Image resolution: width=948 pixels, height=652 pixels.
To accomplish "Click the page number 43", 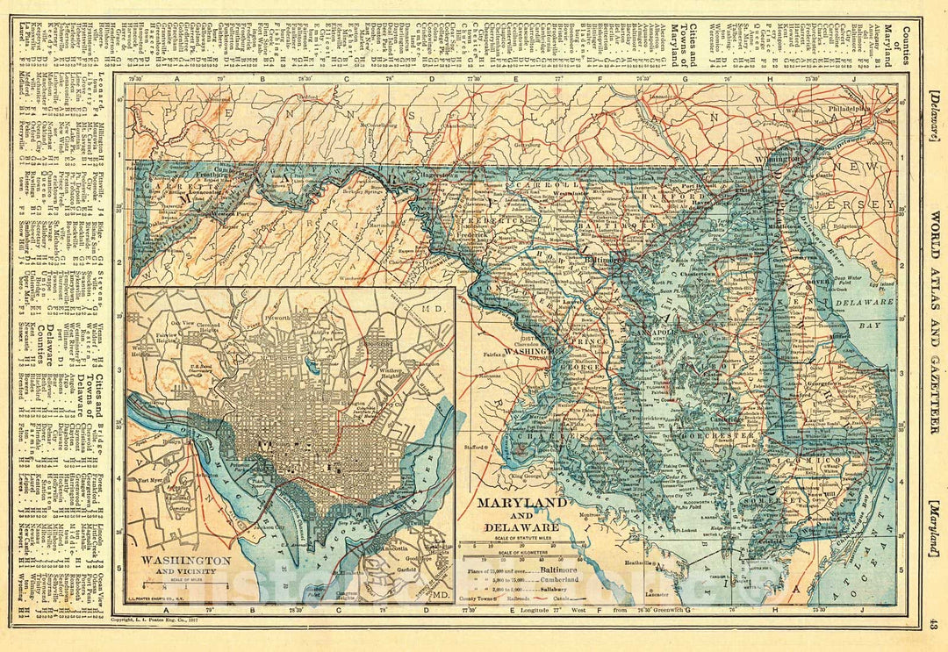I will point(933,625).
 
